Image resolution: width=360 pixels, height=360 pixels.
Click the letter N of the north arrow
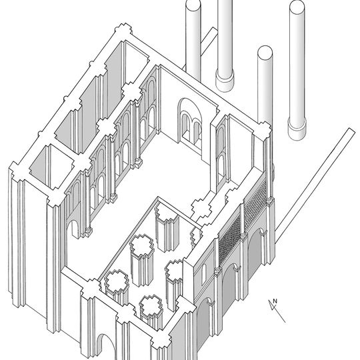[275, 301]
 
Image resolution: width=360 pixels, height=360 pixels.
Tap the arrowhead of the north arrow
[272, 305]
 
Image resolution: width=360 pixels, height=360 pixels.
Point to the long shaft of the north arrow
[277, 311]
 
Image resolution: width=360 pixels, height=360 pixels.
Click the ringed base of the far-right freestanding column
[297, 129]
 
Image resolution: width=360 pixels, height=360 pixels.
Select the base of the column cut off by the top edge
[225, 81]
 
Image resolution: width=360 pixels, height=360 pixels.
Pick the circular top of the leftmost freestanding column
[193, 5]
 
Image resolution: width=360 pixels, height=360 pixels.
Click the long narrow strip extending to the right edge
[316, 186]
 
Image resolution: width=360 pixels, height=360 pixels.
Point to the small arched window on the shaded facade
[203, 274]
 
